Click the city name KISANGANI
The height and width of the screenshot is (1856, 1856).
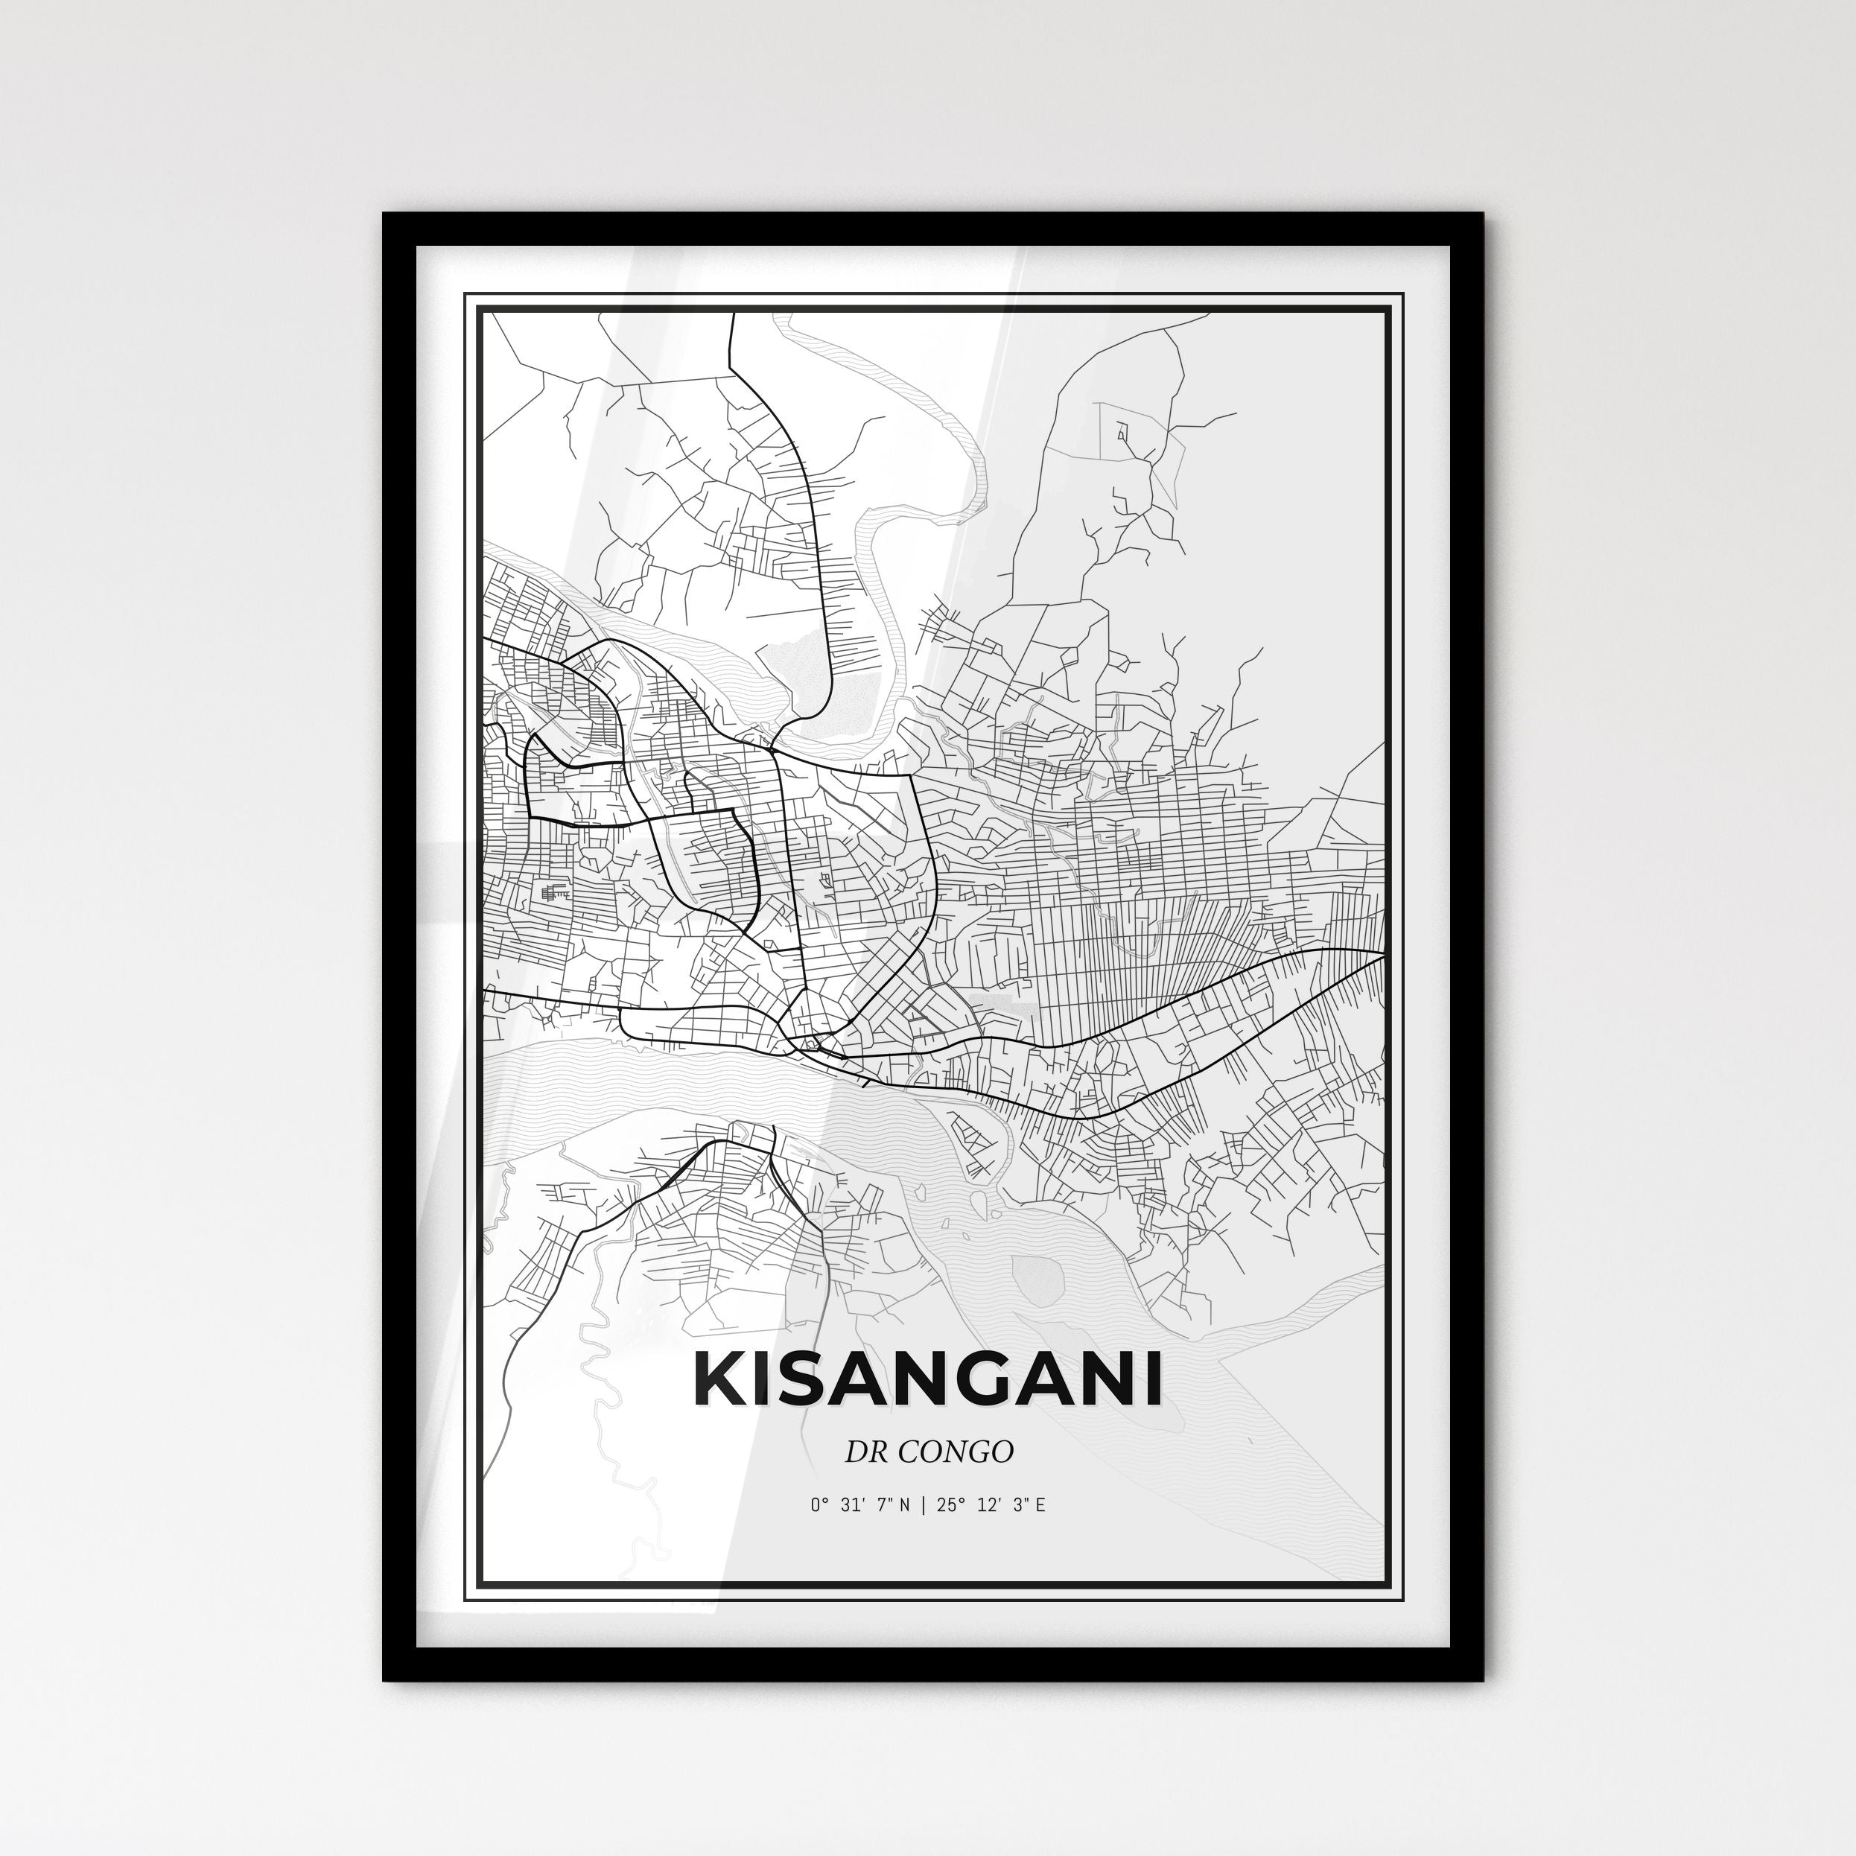[927, 1381]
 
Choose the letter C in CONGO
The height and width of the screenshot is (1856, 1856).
[909, 1452]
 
